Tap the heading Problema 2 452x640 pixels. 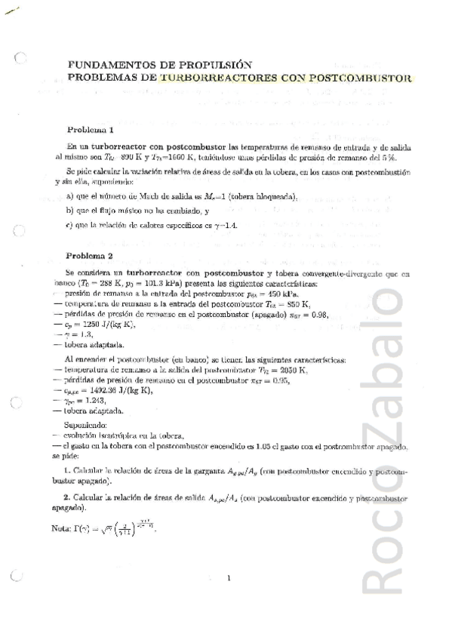tap(91, 255)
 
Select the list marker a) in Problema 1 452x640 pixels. tap(70, 197)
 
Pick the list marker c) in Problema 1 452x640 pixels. tap(70, 224)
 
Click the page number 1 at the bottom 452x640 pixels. tap(228, 579)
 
